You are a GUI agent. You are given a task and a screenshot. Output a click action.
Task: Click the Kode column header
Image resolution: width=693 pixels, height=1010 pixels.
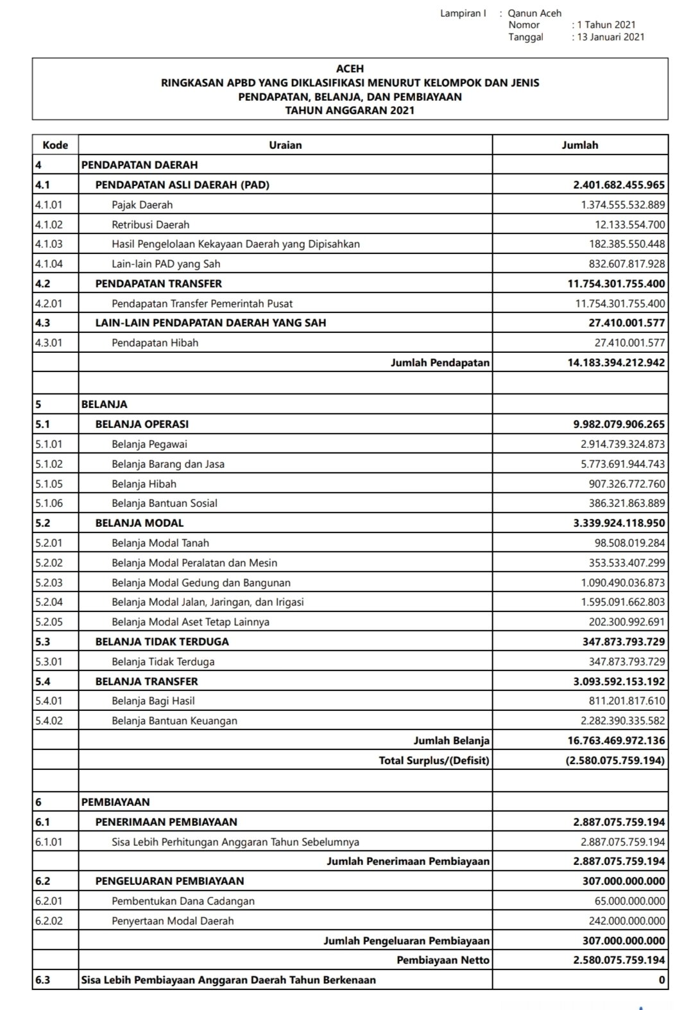[x=55, y=145]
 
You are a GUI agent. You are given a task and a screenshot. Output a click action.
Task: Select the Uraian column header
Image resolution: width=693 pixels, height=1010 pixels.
[x=286, y=145]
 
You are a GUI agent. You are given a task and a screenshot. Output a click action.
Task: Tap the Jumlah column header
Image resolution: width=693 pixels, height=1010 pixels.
[x=580, y=145]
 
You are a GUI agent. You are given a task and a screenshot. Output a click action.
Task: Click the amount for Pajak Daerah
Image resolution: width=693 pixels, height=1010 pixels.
[x=623, y=205]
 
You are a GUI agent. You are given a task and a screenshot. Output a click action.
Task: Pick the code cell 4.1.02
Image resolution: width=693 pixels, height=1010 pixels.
[x=49, y=225]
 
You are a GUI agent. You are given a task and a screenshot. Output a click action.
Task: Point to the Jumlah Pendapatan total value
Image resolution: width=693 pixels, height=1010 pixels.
[x=616, y=363]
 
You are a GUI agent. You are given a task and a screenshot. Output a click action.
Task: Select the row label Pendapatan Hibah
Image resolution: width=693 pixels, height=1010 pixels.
[x=155, y=343]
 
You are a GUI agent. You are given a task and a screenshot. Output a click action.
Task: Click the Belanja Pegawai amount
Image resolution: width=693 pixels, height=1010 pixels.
[x=623, y=444]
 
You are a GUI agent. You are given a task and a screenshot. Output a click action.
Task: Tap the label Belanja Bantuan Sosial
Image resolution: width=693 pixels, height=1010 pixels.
[x=164, y=503]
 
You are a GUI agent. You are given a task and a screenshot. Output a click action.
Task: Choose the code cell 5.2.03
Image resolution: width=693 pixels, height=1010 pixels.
[x=49, y=583]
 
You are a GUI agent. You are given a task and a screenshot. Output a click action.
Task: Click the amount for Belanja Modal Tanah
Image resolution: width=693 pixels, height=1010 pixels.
[x=629, y=543]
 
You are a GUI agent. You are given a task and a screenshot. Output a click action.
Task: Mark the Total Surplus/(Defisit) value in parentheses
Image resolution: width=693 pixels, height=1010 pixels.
[x=615, y=760]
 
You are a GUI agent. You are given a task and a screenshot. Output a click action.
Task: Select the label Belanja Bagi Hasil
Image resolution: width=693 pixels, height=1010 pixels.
[x=153, y=701]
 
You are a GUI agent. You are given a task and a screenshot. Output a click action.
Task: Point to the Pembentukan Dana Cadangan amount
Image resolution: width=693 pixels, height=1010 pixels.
[x=629, y=901]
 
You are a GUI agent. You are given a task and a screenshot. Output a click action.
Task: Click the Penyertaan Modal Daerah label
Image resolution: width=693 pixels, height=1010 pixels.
[x=173, y=921]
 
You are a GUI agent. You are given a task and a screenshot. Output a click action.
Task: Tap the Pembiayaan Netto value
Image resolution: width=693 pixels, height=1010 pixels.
[x=619, y=961]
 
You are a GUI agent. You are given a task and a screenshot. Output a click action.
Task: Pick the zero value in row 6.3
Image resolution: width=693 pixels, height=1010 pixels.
[x=662, y=980]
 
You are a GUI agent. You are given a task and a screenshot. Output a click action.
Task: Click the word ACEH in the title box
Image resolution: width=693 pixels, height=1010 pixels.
[x=350, y=68]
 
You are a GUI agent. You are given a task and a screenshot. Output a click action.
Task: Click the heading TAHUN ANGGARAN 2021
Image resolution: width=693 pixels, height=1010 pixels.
[x=350, y=110]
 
